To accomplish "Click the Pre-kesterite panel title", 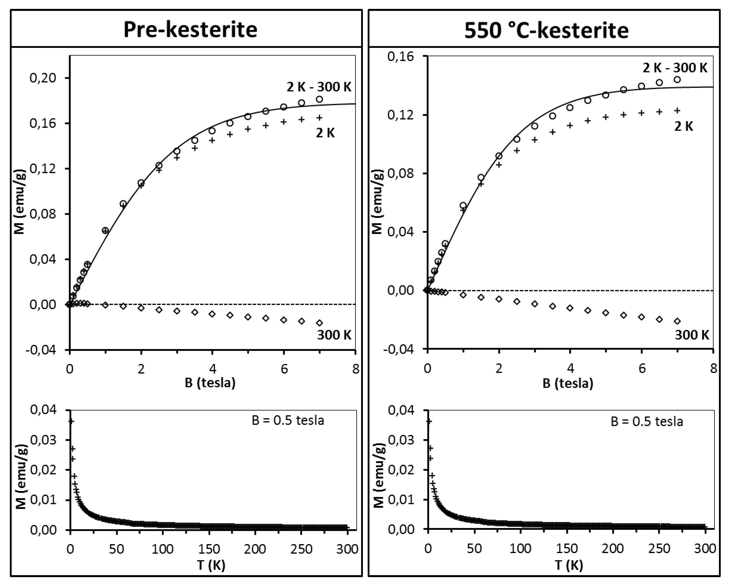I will tap(190, 30).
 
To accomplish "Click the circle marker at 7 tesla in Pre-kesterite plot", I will tap(319, 99).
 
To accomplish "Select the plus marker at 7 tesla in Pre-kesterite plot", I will tap(319, 118).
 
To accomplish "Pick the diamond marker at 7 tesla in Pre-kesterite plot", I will tap(319, 323).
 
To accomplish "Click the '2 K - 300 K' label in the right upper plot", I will tap(675, 68).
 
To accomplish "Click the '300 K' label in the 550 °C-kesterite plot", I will tap(692, 335).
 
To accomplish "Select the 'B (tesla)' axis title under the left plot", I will tap(210, 383).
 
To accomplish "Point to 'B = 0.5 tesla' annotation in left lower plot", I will tap(288, 421).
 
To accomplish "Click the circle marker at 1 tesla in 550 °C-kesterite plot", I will tap(463, 205).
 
